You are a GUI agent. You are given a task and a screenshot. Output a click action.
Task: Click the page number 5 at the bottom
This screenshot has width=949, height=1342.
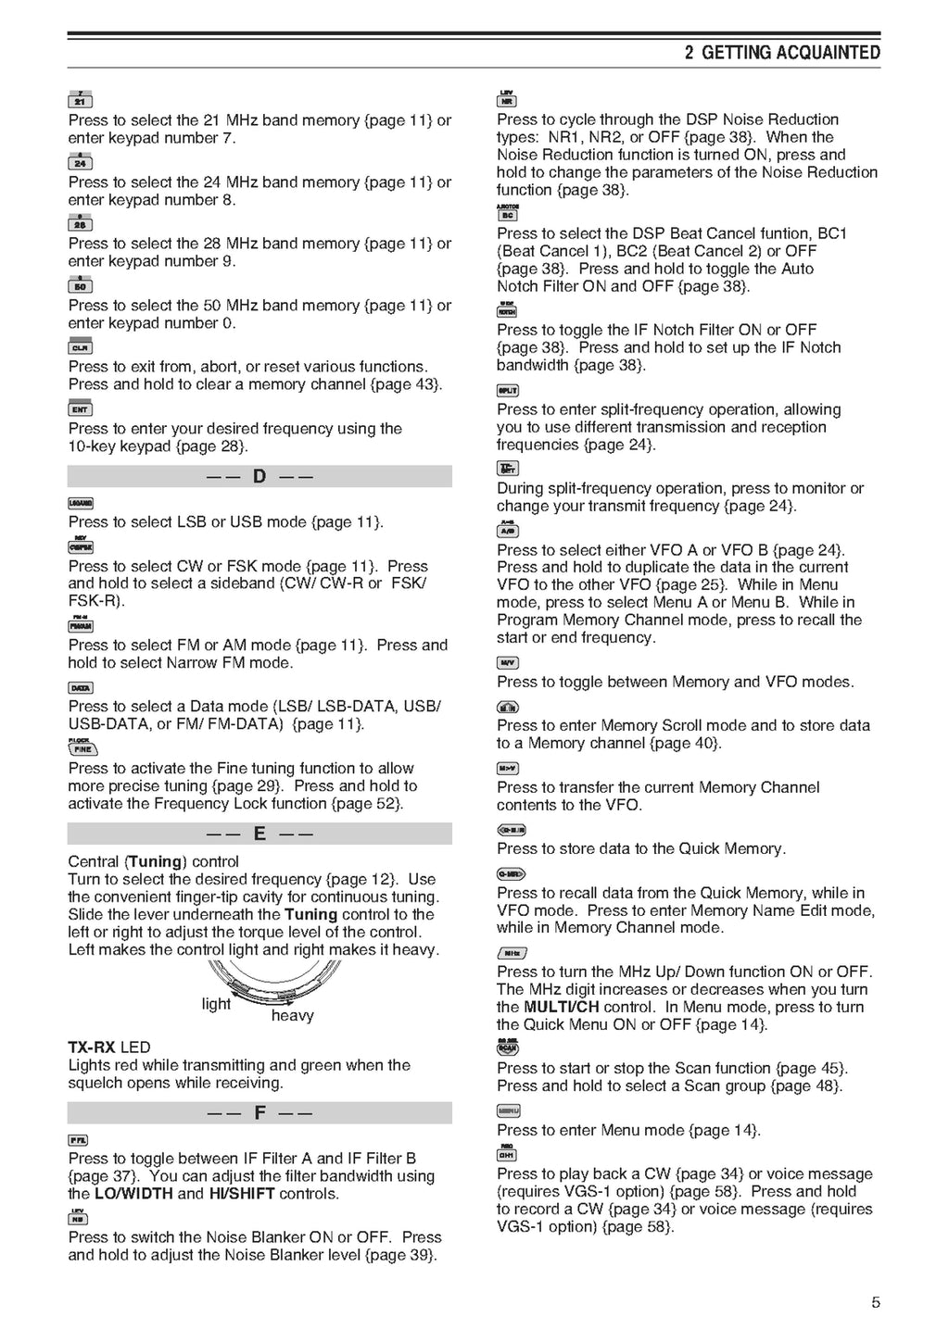(876, 1303)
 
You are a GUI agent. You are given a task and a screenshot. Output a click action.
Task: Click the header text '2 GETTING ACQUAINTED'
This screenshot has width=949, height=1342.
(782, 53)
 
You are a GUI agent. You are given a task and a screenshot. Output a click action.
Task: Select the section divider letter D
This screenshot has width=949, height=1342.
(259, 477)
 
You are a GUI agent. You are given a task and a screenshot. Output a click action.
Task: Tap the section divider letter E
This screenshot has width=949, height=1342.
(259, 834)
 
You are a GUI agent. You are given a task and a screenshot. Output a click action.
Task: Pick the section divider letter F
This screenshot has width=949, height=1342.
(259, 1112)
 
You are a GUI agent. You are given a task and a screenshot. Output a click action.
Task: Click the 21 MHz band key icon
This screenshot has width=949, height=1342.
(80, 101)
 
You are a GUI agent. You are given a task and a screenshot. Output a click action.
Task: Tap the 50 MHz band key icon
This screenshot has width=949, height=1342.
(80, 286)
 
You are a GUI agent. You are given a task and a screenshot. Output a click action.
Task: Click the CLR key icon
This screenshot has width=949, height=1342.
(80, 348)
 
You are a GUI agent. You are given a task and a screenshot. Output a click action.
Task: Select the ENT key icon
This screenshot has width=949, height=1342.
(80, 409)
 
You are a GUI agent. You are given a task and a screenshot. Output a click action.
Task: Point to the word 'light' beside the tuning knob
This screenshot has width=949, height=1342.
(216, 1004)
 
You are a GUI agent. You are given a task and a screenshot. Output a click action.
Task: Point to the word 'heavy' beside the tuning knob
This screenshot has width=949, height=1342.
(292, 1016)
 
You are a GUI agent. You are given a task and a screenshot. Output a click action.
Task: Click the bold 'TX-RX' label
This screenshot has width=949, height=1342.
(92, 1047)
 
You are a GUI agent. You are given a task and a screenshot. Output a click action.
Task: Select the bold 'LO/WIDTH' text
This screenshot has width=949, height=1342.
(133, 1194)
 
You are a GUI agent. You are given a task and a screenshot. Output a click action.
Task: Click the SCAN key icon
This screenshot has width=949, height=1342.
(508, 1048)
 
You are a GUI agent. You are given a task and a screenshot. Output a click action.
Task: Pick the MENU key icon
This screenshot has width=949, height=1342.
(508, 1110)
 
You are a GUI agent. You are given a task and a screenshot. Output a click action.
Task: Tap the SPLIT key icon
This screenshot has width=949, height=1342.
(508, 391)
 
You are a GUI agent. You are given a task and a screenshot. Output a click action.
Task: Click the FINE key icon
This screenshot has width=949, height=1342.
(82, 749)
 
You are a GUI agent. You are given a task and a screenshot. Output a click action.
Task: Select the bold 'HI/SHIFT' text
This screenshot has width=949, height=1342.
(241, 1194)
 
